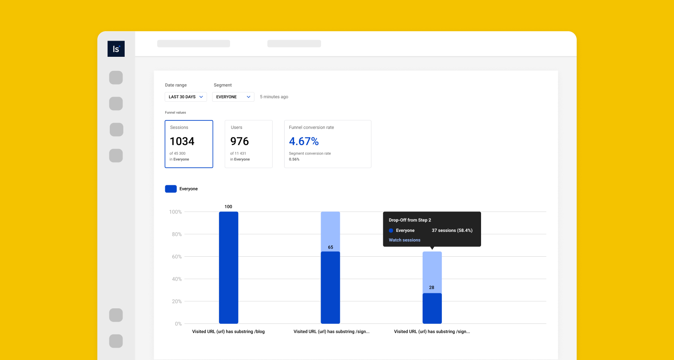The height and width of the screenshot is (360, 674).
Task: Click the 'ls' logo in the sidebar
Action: [x=116, y=49]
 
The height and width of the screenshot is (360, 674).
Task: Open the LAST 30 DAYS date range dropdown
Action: [x=186, y=97]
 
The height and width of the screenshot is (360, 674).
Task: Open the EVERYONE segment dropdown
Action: [x=233, y=97]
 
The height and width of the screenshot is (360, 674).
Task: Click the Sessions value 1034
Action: [x=182, y=141]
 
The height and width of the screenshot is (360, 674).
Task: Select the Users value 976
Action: [x=239, y=141]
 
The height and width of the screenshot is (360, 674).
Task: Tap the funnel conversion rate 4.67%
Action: [x=304, y=141]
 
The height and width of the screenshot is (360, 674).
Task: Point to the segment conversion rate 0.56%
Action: [x=294, y=159]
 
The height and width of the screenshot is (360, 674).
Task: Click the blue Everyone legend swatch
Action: [x=171, y=189]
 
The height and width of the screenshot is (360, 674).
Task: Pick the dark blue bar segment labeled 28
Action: [x=432, y=308]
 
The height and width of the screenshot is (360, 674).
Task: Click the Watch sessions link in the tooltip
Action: [x=405, y=240]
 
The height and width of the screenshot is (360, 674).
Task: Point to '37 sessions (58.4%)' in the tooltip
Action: [x=452, y=231]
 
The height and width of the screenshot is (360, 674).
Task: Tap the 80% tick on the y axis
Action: [x=177, y=234]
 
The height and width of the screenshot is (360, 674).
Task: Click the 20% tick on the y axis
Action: [x=177, y=301]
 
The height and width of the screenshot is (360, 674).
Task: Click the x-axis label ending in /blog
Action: [x=228, y=332]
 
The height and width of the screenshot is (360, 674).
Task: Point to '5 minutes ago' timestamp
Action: [x=274, y=97]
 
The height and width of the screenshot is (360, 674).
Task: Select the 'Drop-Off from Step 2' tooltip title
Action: [x=410, y=220]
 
